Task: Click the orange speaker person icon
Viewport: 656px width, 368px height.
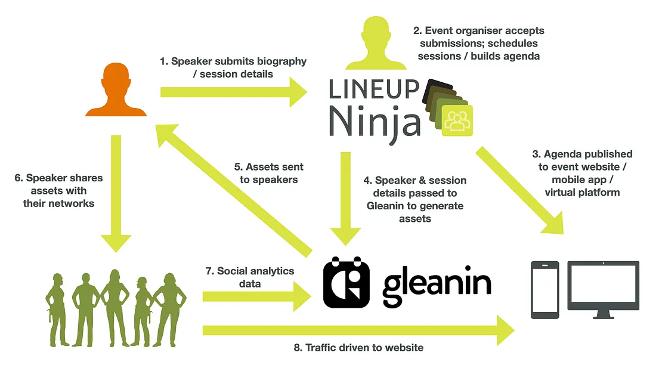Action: pos(116,90)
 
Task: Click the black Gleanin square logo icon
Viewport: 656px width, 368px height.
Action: pos(346,282)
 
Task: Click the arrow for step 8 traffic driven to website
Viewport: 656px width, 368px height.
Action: pos(358,329)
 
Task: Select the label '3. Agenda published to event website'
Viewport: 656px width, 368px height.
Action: pos(581,173)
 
